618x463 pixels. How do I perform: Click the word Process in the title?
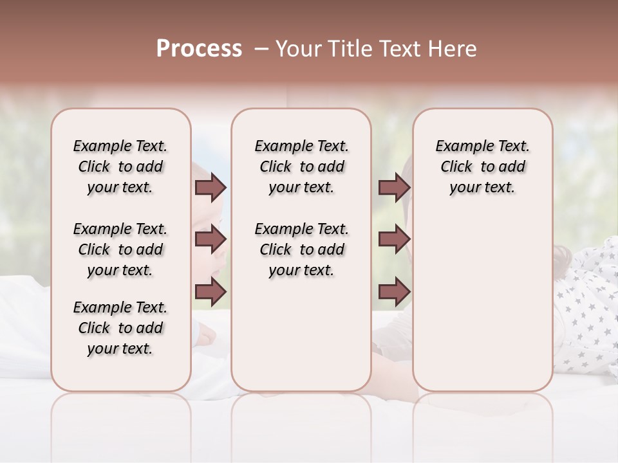pyautogui.click(x=199, y=49)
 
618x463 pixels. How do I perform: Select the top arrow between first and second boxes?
pyautogui.click(x=211, y=187)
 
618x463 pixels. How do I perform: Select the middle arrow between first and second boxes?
pyautogui.click(x=211, y=239)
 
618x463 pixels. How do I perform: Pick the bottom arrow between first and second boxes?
pyautogui.click(x=211, y=291)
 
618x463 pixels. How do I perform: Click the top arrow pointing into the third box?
pyautogui.click(x=394, y=187)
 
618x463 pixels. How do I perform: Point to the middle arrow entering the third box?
pyautogui.click(x=394, y=239)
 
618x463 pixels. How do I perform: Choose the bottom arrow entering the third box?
pyautogui.click(x=394, y=291)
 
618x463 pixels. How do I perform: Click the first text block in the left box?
pyautogui.click(x=120, y=167)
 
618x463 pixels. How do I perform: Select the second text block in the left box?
pyautogui.click(x=120, y=250)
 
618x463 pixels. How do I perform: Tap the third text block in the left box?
pyautogui.click(x=120, y=328)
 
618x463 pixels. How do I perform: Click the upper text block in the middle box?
pyautogui.click(x=301, y=167)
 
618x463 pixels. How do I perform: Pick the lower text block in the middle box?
pyautogui.click(x=301, y=250)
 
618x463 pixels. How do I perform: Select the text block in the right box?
pyautogui.click(x=482, y=167)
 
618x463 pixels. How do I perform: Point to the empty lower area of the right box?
pyautogui.click(x=482, y=302)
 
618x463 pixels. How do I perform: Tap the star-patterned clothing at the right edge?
pyautogui.click(x=589, y=309)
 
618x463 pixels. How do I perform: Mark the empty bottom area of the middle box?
pyautogui.click(x=301, y=341)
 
